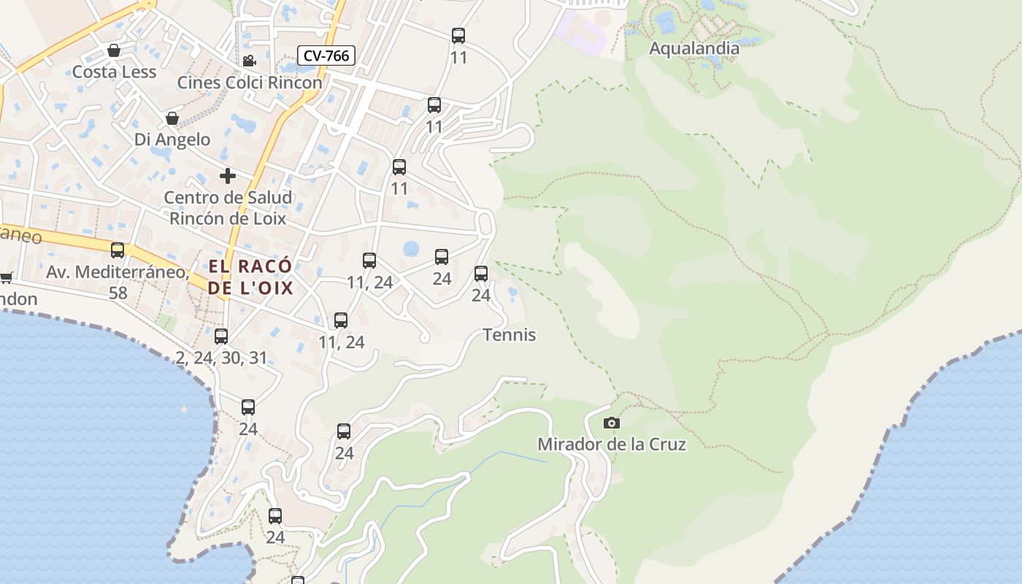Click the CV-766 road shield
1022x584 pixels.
(x=326, y=55)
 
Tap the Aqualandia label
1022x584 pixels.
(x=694, y=49)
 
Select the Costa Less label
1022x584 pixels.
(x=114, y=72)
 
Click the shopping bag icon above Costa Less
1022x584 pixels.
(x=114, y=50)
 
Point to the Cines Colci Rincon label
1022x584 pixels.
(x=250, y=82)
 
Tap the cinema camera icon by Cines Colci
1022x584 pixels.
(x=249, y=61)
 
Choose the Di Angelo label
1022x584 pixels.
(x=172, y=139)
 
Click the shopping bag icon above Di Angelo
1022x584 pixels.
(x=172, y=118)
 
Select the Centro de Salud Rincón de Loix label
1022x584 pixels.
(x=228, y=207)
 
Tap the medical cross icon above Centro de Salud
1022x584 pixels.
(x=228, y=176)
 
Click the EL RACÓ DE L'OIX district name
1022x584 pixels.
(x=250, y=277)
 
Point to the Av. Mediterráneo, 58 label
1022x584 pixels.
(x=118, y=282)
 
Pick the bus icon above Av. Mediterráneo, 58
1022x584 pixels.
(x=118, y=250)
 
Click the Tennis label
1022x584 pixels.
(x=510, y=335)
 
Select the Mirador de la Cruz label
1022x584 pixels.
(x=612, y=444)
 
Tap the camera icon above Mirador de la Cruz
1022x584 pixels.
(x=612, y=423)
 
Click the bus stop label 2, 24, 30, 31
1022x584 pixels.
(x=221, y=358)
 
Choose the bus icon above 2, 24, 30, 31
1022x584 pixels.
(x=221, y=337)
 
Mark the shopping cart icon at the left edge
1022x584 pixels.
(x=6, y=277)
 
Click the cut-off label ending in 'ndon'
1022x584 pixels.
(x=18, y=299)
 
